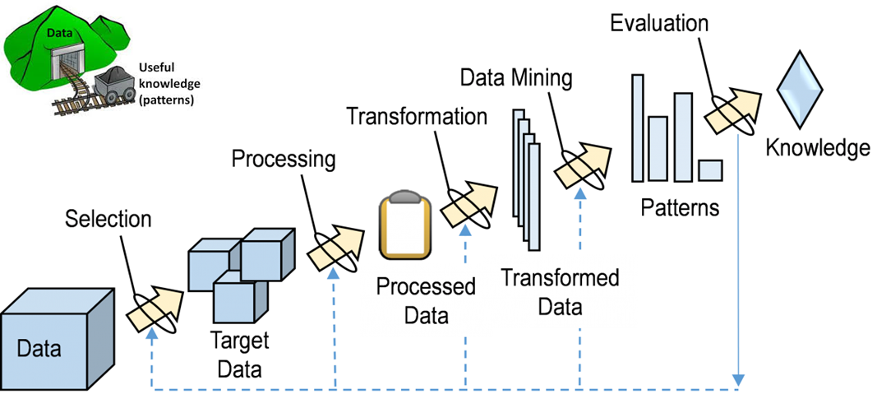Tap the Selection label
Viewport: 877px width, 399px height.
[x=108, y=219]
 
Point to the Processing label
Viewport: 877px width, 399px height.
[x=284, y=158]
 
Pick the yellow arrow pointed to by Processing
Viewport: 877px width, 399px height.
[x=336, y=248]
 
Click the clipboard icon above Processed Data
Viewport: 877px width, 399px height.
[x=404, y=225]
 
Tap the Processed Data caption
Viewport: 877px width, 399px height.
[x=426, y=301]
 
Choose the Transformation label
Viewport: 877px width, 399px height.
[x=417, y=115]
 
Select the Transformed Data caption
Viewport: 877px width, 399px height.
[x=560, y=292]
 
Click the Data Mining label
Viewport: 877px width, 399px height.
[x=515, y=77]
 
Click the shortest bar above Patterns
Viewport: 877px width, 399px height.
[x=709, y=170]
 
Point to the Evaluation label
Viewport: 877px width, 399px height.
[x=659, y=22]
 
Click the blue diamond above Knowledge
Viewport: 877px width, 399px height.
[x=800, y=89]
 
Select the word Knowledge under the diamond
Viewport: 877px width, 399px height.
[x=818, y=148]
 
